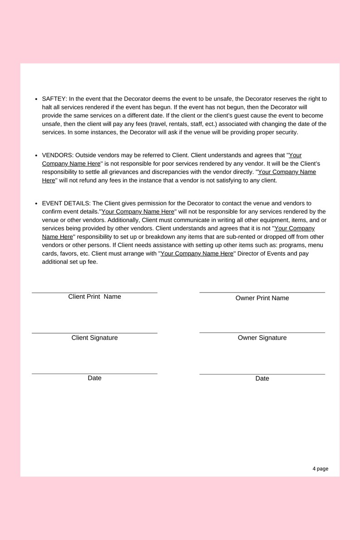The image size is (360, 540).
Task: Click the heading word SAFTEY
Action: (x=54, y=99)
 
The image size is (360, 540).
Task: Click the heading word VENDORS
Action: (x=57, y=156)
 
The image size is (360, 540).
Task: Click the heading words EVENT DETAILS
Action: (x=66, y=204)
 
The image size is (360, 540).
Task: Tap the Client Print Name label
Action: (x=94, y=297)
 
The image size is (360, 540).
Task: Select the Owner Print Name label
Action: (x=262, y=298)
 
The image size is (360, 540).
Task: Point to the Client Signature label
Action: (x=94, y=338)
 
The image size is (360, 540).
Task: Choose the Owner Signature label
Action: (x=262, y=338)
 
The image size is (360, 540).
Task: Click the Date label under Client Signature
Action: (x=94, y=378)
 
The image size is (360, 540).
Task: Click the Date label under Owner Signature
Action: (x=262, y=379)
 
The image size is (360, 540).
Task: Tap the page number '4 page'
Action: (x=320, y=469)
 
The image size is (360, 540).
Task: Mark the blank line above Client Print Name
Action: (x=94, y=293)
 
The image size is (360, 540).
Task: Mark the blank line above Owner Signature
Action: (x=262, y=333)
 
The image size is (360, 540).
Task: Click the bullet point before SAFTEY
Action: (x=36, y=99)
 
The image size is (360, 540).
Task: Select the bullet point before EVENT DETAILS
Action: (x=36, y=204)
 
